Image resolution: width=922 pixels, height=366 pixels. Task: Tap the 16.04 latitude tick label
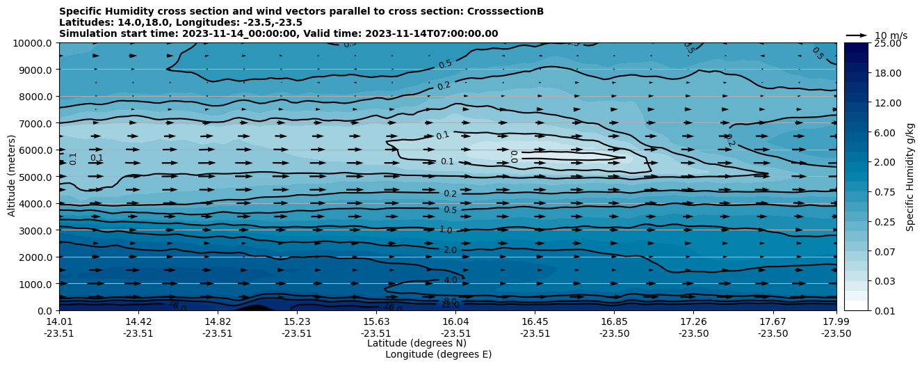(x=455, y=321)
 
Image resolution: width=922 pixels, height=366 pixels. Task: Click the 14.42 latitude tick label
(x=138, y=321)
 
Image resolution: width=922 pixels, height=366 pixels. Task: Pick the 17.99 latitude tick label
(x=836, y=321)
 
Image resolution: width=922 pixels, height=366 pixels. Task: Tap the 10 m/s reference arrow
(x=857, y=35)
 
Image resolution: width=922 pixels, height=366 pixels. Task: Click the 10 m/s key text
(x=891, y=35)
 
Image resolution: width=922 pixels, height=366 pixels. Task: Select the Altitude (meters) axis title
(x=12, y=177)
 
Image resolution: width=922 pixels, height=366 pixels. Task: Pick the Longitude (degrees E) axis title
(x=438, y=354)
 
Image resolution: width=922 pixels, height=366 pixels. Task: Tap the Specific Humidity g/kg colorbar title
(x=910, y=177)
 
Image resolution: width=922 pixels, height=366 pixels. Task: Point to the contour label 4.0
(x=451, y=280)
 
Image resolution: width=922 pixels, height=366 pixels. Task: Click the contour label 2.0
(x=450, y=250)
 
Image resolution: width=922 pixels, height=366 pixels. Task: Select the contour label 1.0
(x=446, y=230)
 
